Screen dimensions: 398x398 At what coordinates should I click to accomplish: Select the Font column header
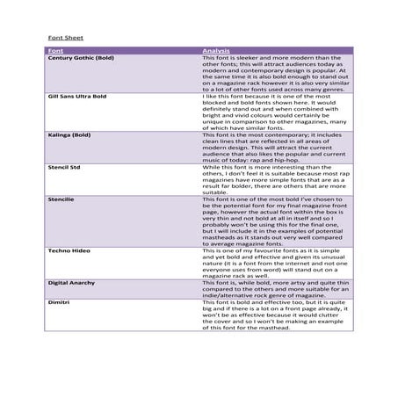pyautogui.click(x=54, y=51)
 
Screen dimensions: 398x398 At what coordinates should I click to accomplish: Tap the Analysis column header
pyautogui.click(x=215, y=51)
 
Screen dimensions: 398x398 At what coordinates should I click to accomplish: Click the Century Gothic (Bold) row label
pyautogui.click(x=81, y=58)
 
